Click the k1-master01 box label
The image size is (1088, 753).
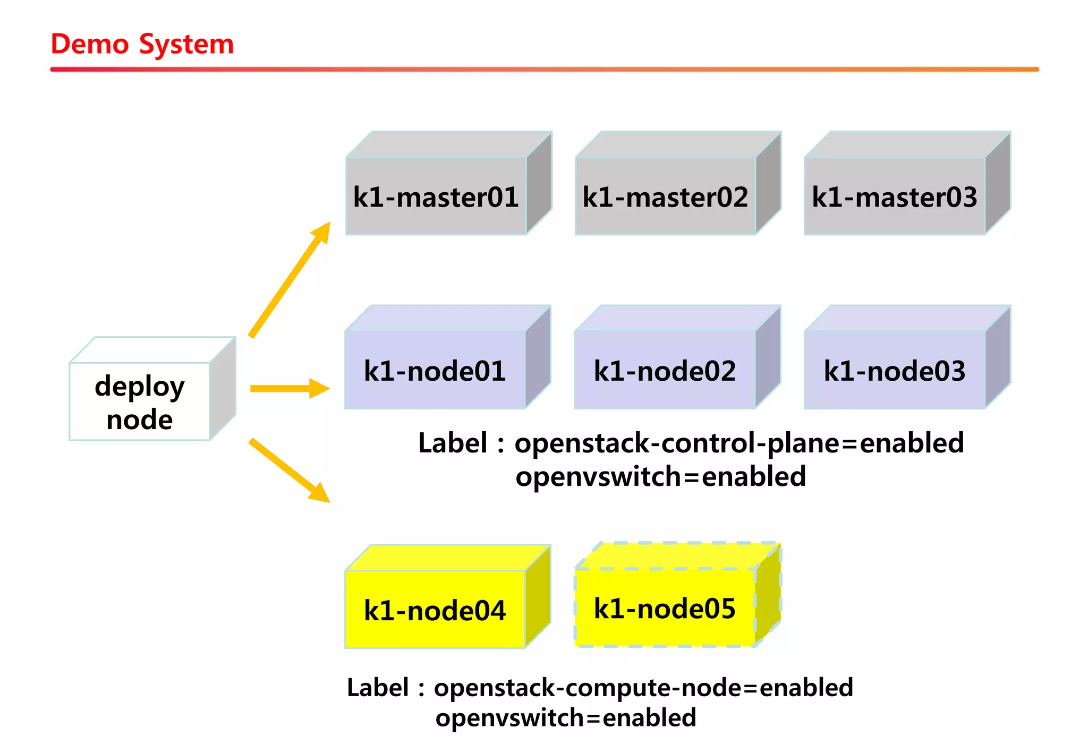(x=436, y=198)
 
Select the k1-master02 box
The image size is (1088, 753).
(x=665, y=198)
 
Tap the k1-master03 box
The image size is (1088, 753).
(x=895, y=198)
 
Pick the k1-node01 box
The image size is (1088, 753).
(x=435, y=371)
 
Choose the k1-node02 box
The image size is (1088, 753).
(x=665, y=371)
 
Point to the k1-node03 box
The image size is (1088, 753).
(x=895, y=371)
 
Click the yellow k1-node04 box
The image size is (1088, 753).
(x=435, y=610)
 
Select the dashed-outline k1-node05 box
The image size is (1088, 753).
(x=665, y=609)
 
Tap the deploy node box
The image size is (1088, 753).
(x=139, y=402)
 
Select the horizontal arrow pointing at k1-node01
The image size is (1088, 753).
(x=290, y=389)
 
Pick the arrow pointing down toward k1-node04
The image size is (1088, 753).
(x=290, y=470)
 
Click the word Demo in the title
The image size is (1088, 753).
(x=89, y=44)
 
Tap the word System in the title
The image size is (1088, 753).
(x=186, y=44)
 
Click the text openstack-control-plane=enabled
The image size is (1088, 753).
(x=739, y=443)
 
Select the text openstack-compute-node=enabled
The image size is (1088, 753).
(x=643, y=688)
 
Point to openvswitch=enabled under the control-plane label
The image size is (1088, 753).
(x=661, y=476)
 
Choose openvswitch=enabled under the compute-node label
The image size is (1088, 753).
(x=566, y=718)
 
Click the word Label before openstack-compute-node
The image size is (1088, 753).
(x=378, y=688)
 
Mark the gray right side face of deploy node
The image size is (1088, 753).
(x=223, y=389)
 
